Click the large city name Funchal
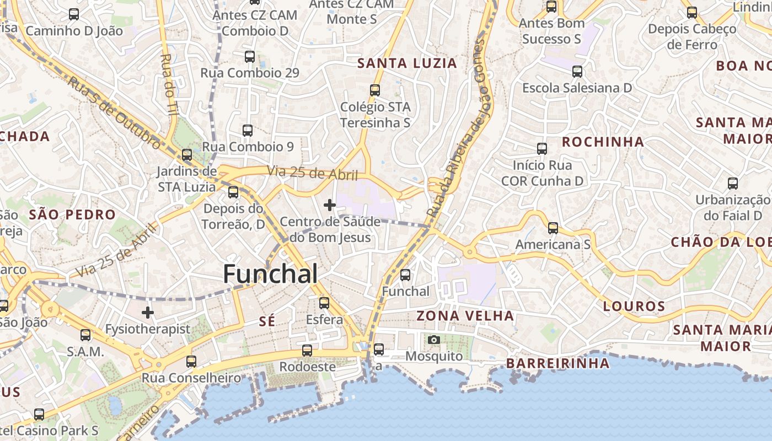click(270, 274)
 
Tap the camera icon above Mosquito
click(434, 340)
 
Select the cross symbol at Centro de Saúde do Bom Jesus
click(330, 205)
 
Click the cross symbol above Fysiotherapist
click(148, 313)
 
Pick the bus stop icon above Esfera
click(324, 303)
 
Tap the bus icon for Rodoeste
click(307, 350)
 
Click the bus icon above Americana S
click(553, 228)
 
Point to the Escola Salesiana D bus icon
click(577, 71)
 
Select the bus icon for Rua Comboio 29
click(250, 56)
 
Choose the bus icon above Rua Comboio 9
click(248, 131)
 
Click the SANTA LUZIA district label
click(407, 63)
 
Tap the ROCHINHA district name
click(603, 142)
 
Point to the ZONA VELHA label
click(465, 316)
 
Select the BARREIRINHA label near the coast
click(558, 363)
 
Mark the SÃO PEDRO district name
click(72, 214)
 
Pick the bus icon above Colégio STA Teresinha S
click(375, 90)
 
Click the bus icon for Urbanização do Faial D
click(732, 184)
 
